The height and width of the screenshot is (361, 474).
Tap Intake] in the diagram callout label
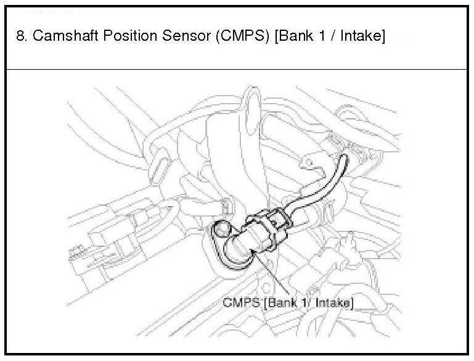click(x=333, y=302)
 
